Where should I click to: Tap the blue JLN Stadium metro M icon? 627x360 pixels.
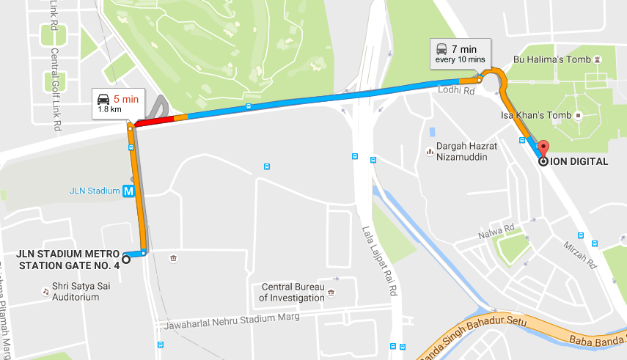click(x=129, y=191)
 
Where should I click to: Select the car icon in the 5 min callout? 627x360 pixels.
click(x=103, y=99)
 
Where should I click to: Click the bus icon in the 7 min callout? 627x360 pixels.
click(x=441, y=49)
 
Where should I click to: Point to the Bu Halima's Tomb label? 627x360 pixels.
click(x=550, y=59)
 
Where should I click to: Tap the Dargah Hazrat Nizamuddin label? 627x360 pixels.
click(x=466, y=151)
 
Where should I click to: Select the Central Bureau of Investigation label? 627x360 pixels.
click(x=292, y=293)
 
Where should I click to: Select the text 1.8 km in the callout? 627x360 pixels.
click(x=109, y=110)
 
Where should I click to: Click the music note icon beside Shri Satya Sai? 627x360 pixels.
click(x=45, y=291)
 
